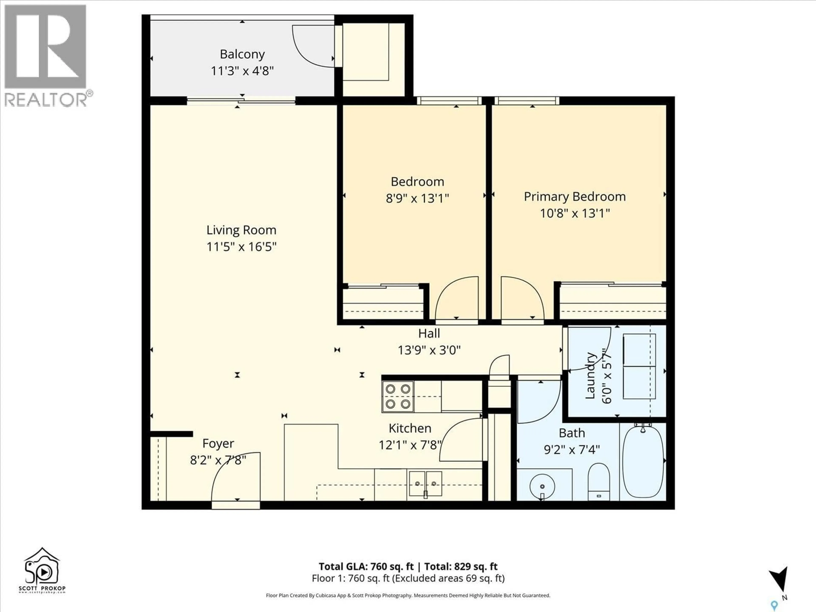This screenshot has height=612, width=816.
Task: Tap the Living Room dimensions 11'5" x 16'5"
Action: (x=241, y=246)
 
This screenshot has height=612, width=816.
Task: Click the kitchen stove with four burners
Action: (x=398, y=397)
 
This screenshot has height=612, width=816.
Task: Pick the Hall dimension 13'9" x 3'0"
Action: (x=429, y=350)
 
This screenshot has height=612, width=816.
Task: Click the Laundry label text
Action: (x=590, y=375)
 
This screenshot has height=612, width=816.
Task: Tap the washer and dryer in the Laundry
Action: (x=639, y=366)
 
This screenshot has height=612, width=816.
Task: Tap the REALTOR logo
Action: (x=46, y=55)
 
